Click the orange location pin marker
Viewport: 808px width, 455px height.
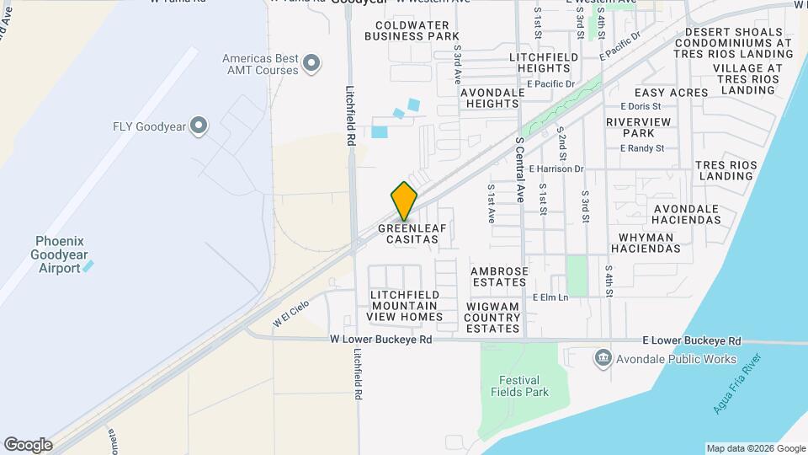404,201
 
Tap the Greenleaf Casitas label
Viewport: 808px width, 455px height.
408,233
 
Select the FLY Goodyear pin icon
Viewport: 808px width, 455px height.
199,126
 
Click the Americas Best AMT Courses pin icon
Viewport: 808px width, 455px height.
312,63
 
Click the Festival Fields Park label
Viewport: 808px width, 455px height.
524,386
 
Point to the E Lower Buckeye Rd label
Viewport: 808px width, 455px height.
691,341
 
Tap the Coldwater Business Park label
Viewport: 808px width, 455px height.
412,30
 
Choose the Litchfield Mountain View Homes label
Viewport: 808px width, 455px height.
404,305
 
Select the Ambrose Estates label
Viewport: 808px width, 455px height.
499,277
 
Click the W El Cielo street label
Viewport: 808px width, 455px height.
291,313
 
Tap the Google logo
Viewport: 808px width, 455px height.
28,445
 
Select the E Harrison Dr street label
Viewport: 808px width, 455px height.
556,169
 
